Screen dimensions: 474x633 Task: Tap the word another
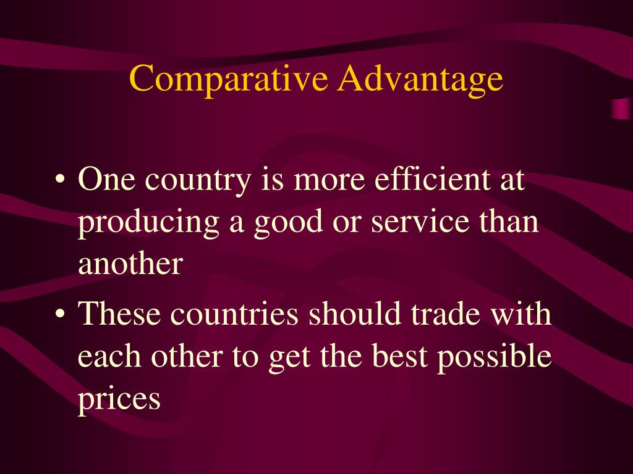pyautogui.click(x=130, y=264)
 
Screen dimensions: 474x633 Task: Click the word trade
pyautogui.click(x=444, y=314)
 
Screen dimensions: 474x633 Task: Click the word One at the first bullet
pyautogui.click(x=103, y=180)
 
